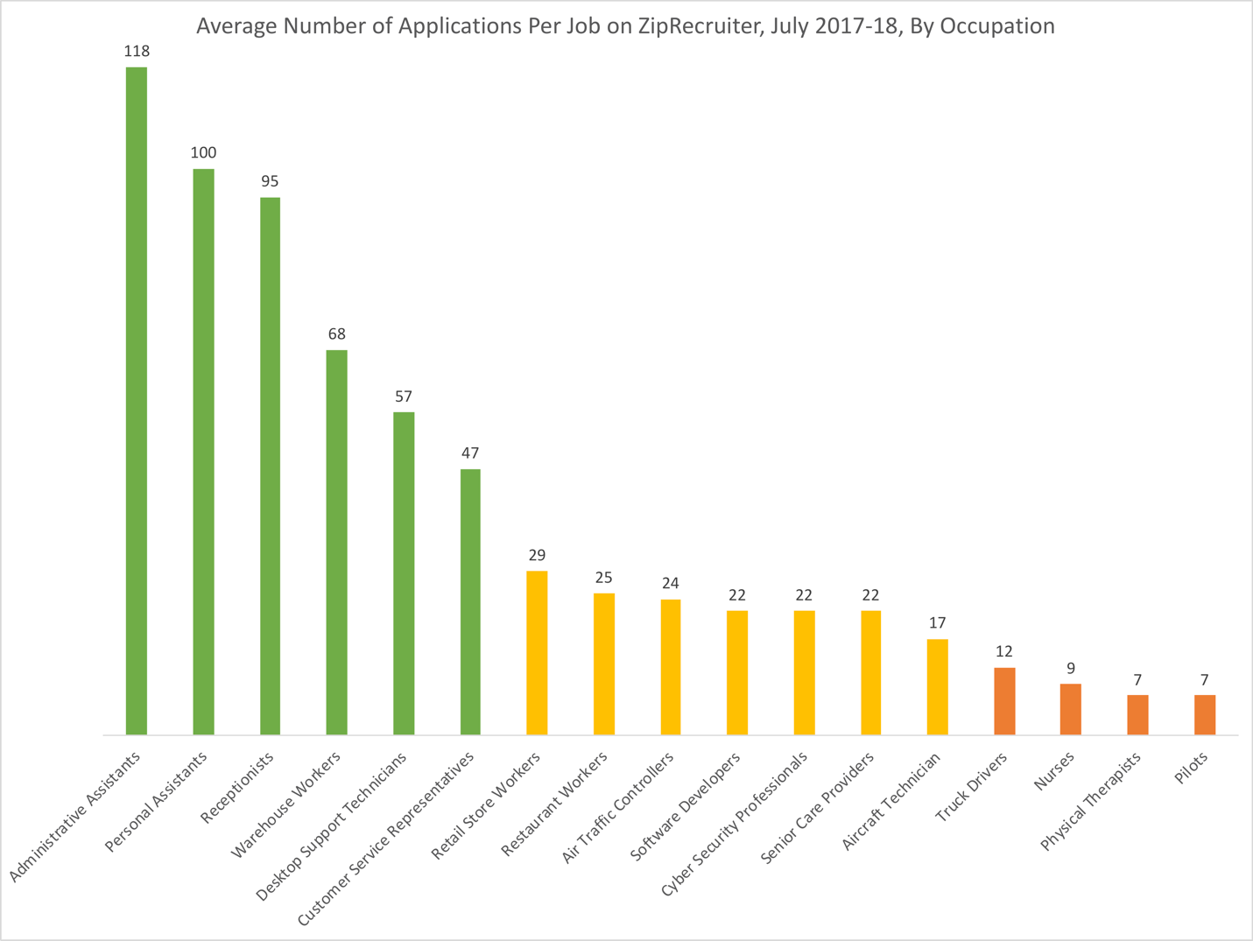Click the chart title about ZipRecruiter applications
[625, 26]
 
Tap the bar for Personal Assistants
[203, 452]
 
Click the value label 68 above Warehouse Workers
[337, 334]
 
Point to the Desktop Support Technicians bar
[404, 573]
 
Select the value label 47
[470, 453]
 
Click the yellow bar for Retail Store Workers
[537, 653]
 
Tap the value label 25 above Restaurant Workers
[604, 578]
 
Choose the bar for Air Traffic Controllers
[671, 667]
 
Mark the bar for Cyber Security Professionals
[804, 672]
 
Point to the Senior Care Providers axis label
[817, 808]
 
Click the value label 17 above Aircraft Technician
[938, 623]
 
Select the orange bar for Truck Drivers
[1004, 701]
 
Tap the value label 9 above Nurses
[1071, 669]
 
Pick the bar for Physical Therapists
[1137, 715]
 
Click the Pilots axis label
[1192, 770]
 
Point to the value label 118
[137, 52]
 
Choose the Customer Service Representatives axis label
[386, 839]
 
